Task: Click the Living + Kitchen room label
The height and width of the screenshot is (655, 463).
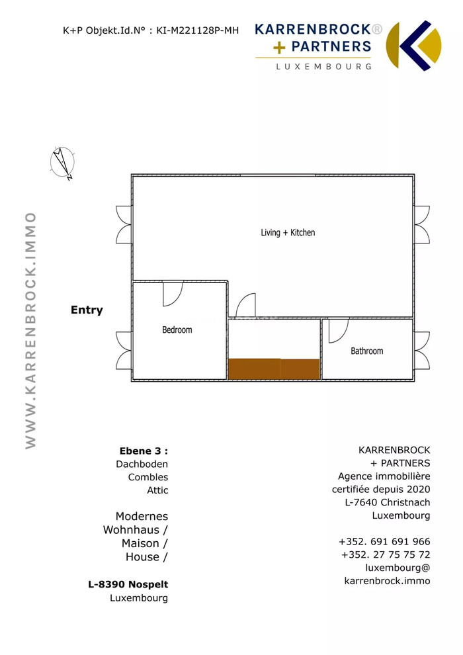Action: click(288, 233)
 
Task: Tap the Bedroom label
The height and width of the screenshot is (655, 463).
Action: click(177, 330)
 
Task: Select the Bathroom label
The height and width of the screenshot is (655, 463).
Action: click(367, 351)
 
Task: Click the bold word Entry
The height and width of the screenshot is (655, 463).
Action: click(87, 310)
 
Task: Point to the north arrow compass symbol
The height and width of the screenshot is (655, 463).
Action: click(62, 163)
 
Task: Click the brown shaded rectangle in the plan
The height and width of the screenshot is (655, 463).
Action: click(274, 369)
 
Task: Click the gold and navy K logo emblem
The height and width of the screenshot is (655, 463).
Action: click(413, 46)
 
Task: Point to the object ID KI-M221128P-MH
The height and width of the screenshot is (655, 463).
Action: click(198, 30)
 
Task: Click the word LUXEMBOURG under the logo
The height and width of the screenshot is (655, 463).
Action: click(323, 66)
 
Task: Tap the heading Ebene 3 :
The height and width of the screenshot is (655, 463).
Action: click(144, 451)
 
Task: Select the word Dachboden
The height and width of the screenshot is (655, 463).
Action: click(142, 464)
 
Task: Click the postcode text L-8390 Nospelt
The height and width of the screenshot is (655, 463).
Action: click(128, 584)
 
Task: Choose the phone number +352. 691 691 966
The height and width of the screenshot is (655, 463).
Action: click(384, 542)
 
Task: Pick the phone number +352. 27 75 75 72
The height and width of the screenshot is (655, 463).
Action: click(386, 554)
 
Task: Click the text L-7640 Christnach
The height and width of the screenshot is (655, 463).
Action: click(388, 503)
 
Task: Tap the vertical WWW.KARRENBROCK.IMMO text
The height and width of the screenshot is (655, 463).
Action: click(30, 330)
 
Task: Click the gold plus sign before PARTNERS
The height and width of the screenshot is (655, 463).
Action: click(279, 48)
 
